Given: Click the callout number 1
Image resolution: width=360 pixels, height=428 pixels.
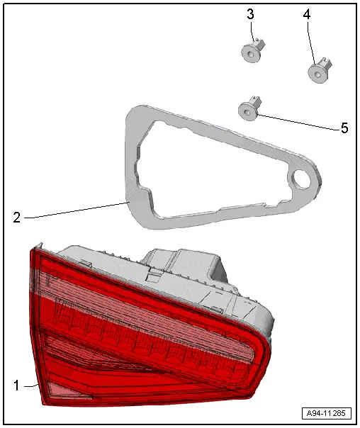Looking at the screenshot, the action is (16, 385).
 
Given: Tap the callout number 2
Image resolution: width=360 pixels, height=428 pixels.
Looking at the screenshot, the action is (16, 218).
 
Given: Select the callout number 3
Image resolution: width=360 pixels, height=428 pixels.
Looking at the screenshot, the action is (250, 14).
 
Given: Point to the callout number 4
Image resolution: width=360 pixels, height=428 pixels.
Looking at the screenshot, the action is (307, 14).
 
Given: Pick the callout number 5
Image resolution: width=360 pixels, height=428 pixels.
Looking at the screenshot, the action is (344, 128).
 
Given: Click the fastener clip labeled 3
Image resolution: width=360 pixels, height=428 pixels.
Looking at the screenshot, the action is (253, 51).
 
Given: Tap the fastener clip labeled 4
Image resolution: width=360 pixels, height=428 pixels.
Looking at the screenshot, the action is (320, 70).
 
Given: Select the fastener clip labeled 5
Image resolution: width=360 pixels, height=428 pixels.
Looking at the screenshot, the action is (249, 108).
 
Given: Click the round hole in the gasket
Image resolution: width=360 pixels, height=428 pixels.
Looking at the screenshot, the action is (302, 179).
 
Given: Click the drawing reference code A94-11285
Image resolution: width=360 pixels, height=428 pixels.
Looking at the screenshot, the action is (327, 413).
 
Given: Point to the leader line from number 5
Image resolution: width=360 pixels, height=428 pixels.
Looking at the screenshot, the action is (298, 122).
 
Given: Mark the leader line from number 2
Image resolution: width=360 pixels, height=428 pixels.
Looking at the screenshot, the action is (77, 210).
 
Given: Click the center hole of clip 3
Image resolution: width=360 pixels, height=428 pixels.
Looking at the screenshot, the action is (250, 55).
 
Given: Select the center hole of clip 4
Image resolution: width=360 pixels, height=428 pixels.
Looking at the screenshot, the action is (317, 74).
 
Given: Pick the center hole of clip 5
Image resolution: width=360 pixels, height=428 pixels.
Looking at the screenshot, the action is (247, 112).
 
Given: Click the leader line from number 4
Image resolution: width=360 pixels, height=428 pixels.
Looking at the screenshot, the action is (310, 43).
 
